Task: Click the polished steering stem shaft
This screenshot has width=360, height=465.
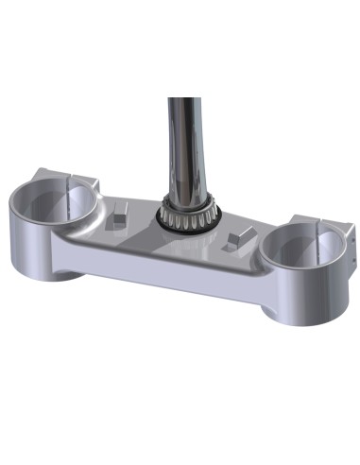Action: point(184,142)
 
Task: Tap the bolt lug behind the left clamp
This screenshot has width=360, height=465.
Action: point(83,180)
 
